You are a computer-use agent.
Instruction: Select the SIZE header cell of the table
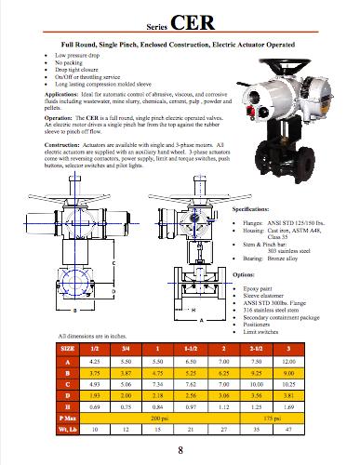[x=69, y=347]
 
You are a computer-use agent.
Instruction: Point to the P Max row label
[x=69, y=420]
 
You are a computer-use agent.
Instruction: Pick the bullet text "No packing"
[x=79, y=61]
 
